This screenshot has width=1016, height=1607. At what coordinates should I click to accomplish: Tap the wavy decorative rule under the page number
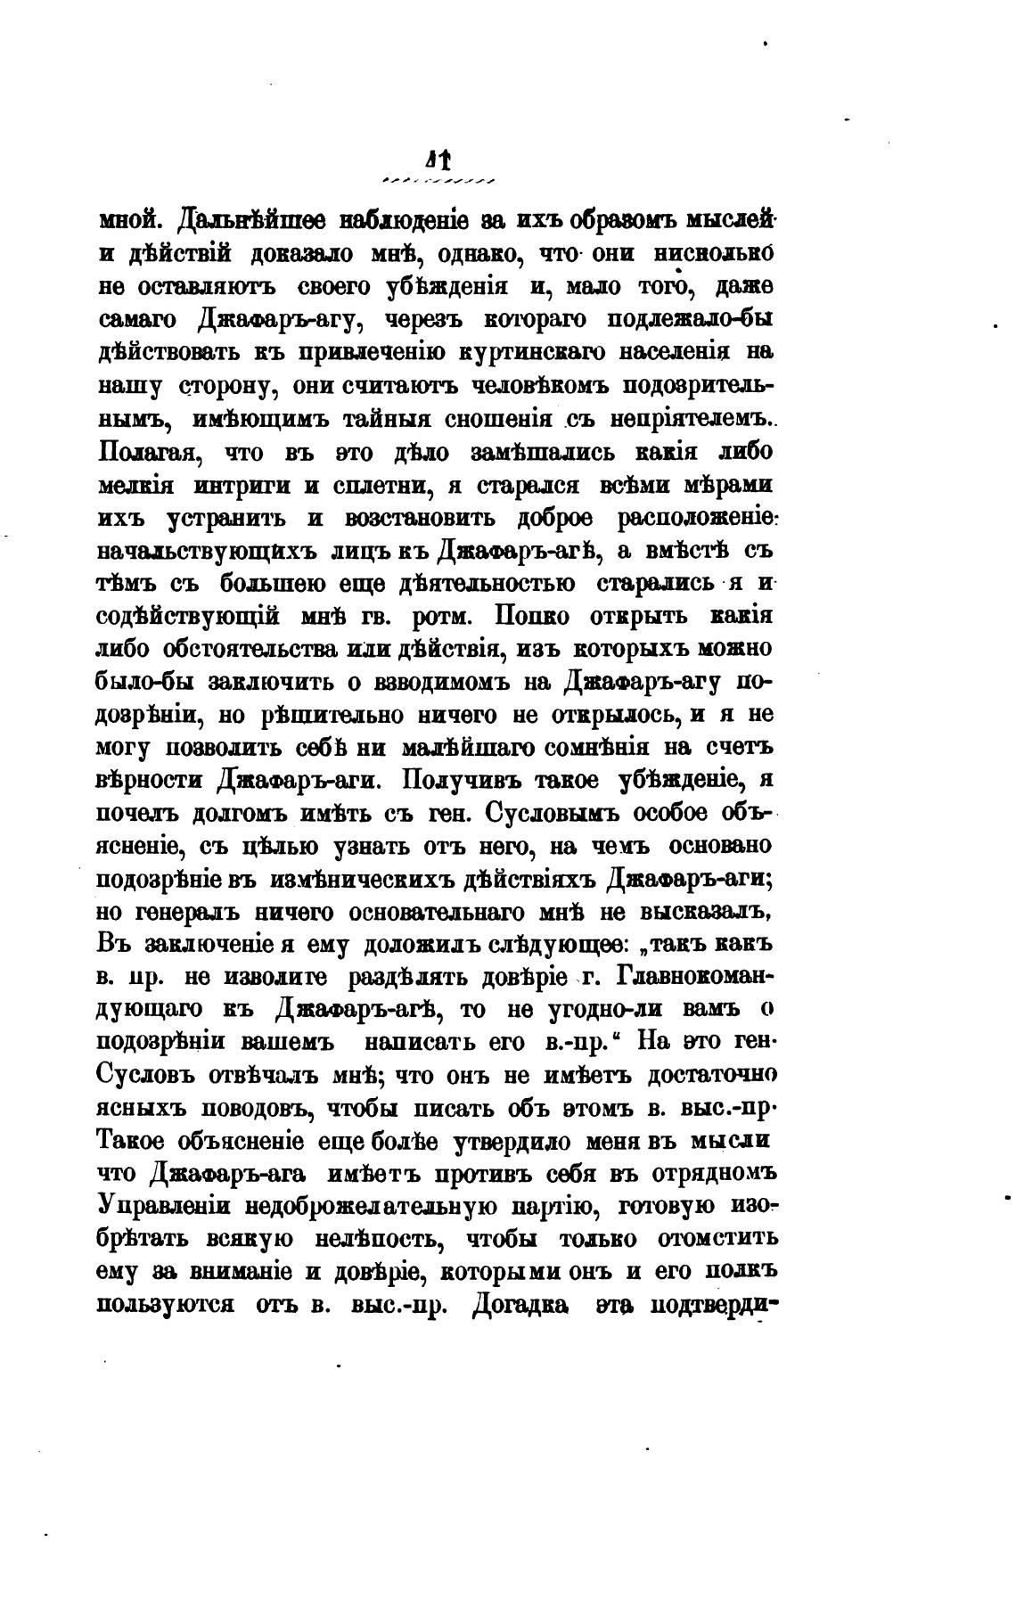(x=438, y=181)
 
